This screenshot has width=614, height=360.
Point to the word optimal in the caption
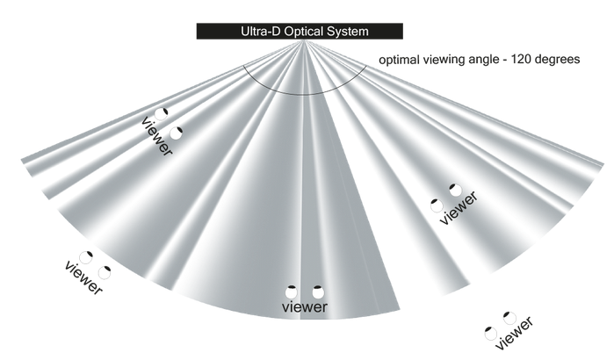click(399, 61)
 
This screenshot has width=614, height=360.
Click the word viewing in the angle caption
click(445, 61)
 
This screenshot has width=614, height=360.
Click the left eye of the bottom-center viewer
click(293, 291)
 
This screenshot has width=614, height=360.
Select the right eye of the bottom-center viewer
click(318, 291)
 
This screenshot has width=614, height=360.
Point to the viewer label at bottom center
click(304, 307)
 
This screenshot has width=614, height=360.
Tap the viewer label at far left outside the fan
click(84, 276)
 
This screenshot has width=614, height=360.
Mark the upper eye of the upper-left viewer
click(162, 113)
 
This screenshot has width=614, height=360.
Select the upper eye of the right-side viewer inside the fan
click(455, 189)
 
